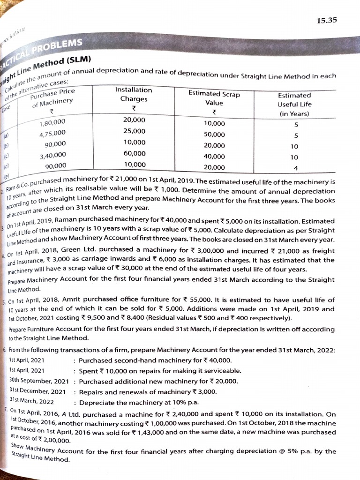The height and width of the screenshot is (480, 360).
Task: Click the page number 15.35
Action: click(326, 20)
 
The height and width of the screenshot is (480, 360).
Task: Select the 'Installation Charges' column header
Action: click(134, 94)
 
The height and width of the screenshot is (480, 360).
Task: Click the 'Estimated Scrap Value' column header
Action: click(214, 98)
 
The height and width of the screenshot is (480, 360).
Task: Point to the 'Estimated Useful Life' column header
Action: click(294, 104)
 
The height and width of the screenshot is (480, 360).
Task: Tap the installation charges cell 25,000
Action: click(134, 131)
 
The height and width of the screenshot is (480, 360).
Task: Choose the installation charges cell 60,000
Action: click(134, 153)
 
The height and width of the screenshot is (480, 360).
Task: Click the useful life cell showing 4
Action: click(295, 168)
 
